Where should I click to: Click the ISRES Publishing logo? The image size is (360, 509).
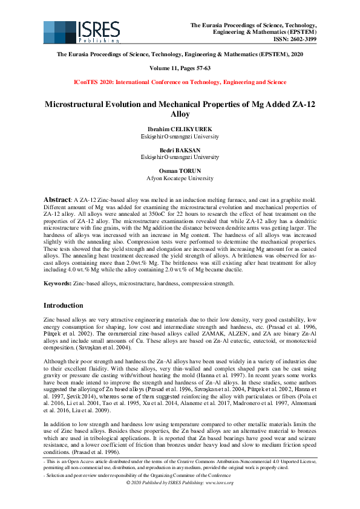68,32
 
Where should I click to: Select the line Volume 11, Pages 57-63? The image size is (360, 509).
180,68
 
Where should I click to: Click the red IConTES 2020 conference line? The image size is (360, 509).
180,82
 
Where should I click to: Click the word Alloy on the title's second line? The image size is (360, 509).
180,114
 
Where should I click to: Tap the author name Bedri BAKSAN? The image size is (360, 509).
180,151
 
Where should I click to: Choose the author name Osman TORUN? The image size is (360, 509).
180,171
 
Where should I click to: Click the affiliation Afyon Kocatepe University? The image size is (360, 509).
180,178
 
